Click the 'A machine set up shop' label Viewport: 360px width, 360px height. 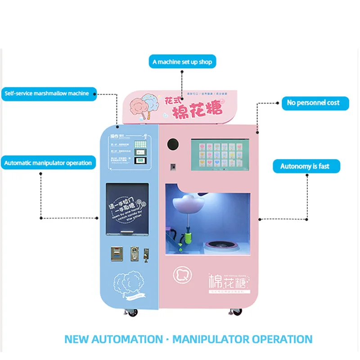[x=182, y=62]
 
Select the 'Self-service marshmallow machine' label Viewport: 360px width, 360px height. [x=49, y=94]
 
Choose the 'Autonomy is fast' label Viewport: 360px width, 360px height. [x=306, y=166]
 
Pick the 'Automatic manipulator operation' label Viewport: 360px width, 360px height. [x=49, y=163]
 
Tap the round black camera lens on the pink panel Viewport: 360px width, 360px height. [x=172, y=144]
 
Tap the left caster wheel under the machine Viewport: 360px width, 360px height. [x=134, y=312]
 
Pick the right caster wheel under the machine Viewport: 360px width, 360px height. [x=236, y=311]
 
